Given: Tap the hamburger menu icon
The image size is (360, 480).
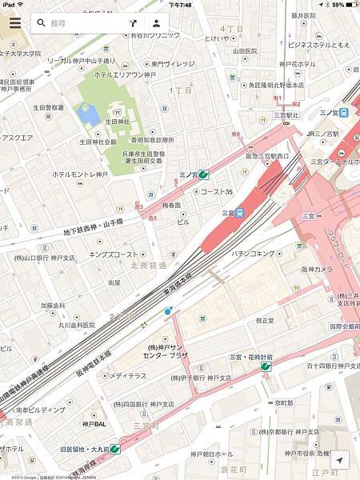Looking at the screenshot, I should tap(14, 23).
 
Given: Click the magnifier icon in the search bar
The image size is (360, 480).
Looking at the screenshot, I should tap(41, 23).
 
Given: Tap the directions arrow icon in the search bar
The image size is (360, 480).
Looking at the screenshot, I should tap(133, 23).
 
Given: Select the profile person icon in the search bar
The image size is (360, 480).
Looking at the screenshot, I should tap(157, 23).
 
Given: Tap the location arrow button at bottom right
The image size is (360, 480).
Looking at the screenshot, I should tap(341, 462).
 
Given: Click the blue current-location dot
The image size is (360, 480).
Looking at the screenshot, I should tap(167, 310).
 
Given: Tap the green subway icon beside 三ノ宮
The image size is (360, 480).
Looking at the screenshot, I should tap(204, 174).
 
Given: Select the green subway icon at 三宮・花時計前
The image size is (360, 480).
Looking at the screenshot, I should tap(266, 366).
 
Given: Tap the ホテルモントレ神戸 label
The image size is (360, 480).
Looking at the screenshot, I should tap(79, 174).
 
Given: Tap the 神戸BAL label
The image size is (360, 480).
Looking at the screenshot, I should tap(94, 423).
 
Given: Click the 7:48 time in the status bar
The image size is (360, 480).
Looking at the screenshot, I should tap(180, 5).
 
